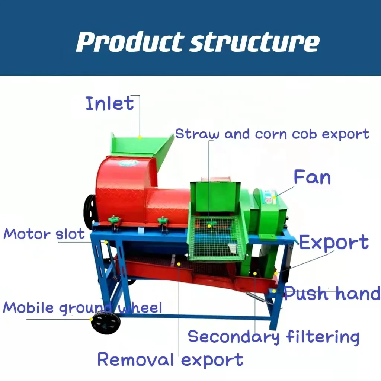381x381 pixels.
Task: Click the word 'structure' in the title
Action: (254, 42)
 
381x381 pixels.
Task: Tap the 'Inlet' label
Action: (109, 103)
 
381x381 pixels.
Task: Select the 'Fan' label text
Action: (312, 177)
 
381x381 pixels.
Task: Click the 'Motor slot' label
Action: (44, 234)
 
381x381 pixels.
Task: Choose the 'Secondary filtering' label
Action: (274, 337)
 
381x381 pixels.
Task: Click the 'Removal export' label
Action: (170, 360)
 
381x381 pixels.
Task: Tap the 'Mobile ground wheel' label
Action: (83, 308)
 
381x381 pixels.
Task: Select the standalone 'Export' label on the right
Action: (334, 243)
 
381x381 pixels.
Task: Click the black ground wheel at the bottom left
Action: (106, 323)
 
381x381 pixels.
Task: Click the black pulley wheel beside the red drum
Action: (90, 212)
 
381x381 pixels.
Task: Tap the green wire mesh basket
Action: (216, 238)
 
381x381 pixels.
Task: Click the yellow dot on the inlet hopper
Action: (140, 137)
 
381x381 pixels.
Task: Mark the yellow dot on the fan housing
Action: (275, 195)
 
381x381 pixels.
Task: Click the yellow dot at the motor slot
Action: (106, 242)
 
